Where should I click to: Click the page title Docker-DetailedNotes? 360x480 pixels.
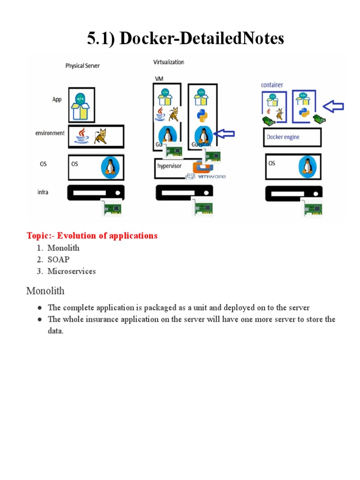point(186,38)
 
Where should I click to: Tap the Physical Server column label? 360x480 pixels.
point(82,66)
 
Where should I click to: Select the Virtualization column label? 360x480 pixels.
point(169,62)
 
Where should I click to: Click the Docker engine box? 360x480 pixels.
point(292,137)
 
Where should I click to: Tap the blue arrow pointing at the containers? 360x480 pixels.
point(333,106)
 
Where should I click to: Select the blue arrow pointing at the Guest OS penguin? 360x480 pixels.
point(224,135)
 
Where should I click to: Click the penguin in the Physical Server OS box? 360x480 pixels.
point(111,166)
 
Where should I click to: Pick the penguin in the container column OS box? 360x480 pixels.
point(308,166)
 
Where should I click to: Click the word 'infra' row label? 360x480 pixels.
point(43,192)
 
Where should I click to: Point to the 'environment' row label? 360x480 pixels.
point(50,133)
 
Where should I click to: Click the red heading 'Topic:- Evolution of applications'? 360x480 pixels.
point(92,235)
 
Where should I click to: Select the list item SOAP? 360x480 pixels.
point(58,259)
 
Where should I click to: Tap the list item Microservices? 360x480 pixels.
point(71,271)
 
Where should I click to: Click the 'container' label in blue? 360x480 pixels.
point(272,85)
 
